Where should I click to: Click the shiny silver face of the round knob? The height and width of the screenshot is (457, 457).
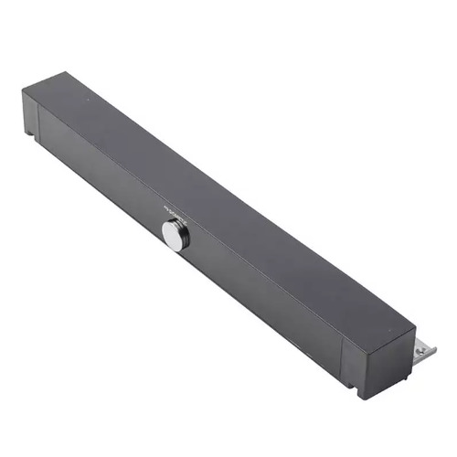pos(173,233)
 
